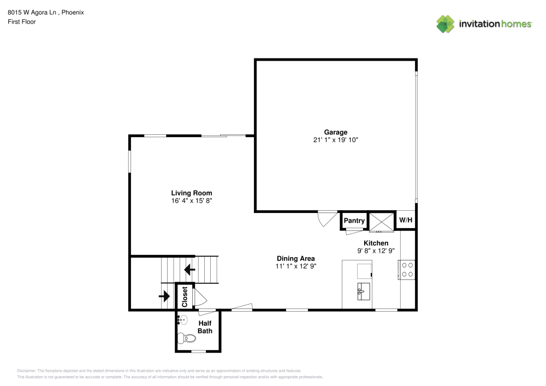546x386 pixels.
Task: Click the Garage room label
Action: [x=335, y=132]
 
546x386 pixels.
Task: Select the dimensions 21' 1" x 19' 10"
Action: [x=335, y=140]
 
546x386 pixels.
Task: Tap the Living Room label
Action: [x=191, y=193]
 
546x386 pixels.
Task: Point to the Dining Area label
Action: [x=295, y=258]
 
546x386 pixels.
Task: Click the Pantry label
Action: [x=354, y=221]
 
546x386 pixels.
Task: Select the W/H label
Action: [x=406, y=220]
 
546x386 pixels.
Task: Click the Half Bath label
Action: [x=205, y=327]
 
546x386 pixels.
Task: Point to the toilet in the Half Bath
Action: [x=187, y=339]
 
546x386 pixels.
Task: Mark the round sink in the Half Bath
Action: [x=182, y=320]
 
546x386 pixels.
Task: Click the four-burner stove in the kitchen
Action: [x=407, y=269]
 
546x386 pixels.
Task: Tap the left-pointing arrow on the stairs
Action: [x=189, y=269]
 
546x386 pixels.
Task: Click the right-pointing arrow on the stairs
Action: [x=164, y=296]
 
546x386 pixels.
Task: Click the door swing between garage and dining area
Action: [x=325, y=219]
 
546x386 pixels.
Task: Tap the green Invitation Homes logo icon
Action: [x=445, y=23]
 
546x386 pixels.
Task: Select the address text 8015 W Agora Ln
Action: [x=33, y=12]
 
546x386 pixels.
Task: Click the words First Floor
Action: [x=21, y=22]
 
